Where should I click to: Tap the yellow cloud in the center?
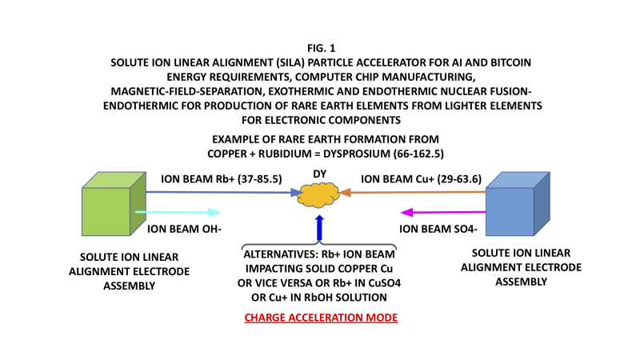click(320, 195)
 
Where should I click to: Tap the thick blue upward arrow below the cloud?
click(320, 227)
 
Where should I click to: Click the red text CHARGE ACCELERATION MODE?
click(320, 318)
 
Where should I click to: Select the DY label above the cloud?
click(320, 174)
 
